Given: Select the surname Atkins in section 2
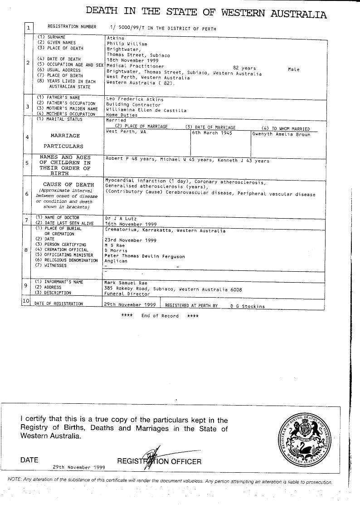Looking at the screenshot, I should [x=115, y=39].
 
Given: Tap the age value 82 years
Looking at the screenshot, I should [x=244, y=68].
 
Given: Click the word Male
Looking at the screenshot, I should [x=293, y=69].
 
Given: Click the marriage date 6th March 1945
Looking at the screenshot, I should [x=212, y=133].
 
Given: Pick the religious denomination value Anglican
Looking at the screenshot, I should [x=116, y=261].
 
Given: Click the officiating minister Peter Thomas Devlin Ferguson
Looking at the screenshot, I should [x=145, y=256].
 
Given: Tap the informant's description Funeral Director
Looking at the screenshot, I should [x=127, y=294].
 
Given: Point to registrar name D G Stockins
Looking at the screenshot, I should [x=247, y=306].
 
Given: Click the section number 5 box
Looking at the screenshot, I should [x=28, y=163].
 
